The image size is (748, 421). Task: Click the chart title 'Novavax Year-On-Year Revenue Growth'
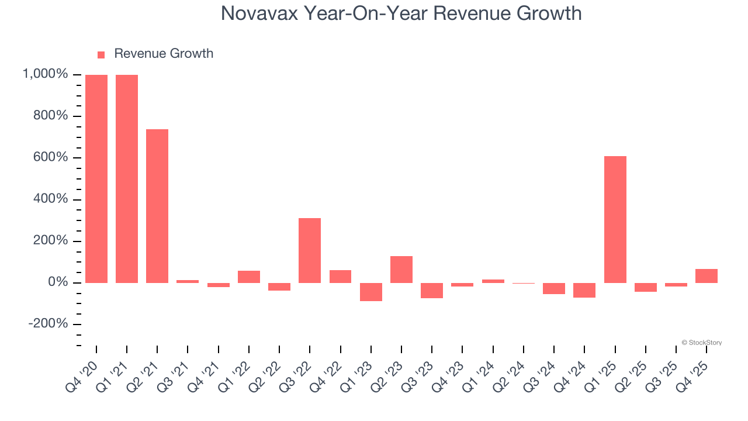pos(401,13)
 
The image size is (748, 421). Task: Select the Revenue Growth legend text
pos(164,54)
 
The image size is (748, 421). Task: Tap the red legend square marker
pos(101,54)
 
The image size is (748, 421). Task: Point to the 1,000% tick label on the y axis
pos(45,74)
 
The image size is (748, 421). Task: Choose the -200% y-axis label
pos(49,325)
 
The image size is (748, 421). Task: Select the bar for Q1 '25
pos(615,219)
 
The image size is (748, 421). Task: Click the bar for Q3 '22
pos(310,250)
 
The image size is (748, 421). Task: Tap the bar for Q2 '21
pos(157,206)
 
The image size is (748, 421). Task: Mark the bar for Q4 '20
pos(96,179)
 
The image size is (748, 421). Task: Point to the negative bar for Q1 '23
pos(370,292)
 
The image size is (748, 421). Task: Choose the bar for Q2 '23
pos(401,270)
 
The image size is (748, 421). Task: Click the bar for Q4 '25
pos(707,276)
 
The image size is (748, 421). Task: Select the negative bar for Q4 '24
pos(584,290)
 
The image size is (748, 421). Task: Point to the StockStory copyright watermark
pos(701,343)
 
